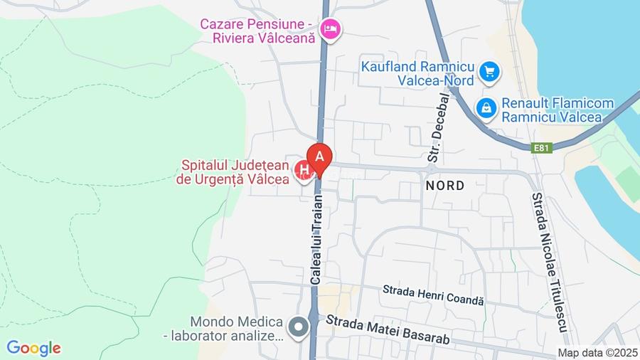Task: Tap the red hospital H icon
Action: click(x=304, y=171)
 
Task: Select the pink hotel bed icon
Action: click(x=330, y=29)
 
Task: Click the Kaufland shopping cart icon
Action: click(x=489, y=71)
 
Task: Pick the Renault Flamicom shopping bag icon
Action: click(x=486, y=108)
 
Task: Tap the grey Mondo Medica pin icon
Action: click(x=299, y=328)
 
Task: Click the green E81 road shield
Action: click(x=542, y=148)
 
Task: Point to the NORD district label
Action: click(x=444, y=186)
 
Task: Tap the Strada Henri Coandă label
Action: click(x=433, y=295)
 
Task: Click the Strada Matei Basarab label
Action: click(x=388, y=331)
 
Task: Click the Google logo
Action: click(x=33, y=349)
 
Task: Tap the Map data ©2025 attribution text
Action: click(x=597, y=352)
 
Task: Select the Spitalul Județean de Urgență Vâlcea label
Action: click(x=233, y=173)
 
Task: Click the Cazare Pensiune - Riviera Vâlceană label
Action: click(x=257, y=31)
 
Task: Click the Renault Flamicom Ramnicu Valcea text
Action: click(x=558, y=110)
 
